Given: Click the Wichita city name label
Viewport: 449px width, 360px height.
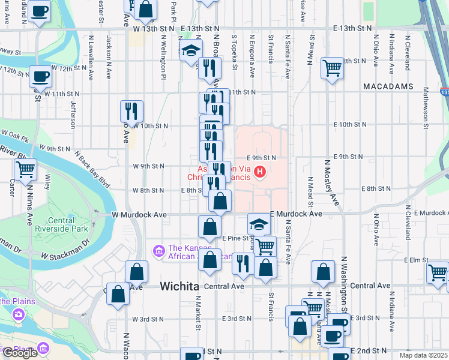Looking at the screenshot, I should coord(179,287).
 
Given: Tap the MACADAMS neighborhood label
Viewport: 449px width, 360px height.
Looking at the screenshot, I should coord(388,86).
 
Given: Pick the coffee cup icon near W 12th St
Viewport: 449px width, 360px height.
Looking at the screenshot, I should coord(40,77).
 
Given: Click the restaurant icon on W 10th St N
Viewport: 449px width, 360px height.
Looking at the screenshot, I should coord(130,111).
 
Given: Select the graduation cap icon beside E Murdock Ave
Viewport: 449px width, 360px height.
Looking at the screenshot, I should coord(259,224).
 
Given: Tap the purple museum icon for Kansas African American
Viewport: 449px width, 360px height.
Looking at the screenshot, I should coord(158,250).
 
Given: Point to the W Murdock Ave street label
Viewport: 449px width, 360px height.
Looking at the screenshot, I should coord(138,214).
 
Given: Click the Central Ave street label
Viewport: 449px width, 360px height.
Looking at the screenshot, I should coord(224,287).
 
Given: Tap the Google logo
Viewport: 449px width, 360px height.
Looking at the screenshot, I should coord(20,353).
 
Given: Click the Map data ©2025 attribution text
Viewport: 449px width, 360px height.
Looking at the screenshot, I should coord(424,355).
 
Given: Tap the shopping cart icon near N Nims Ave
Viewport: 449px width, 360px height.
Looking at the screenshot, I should coord(25,170).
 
